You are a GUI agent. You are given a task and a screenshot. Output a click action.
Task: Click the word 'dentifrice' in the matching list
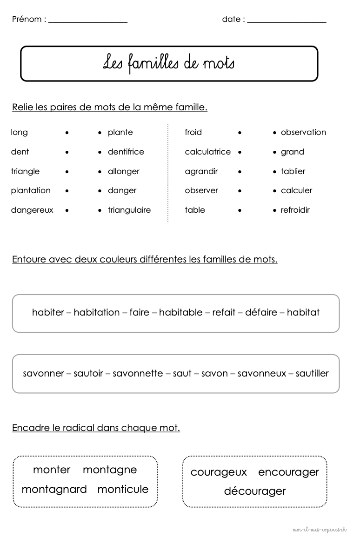pos(126,152)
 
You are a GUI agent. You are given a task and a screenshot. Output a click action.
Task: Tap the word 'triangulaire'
pos(129,210)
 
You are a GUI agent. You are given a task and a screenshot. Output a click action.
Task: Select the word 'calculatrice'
pos(207,152)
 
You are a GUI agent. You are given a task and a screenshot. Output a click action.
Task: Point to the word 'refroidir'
pos(295,210)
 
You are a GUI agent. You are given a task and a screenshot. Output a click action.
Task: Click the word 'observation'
pos(303,132)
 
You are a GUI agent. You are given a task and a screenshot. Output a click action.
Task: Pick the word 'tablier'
pos(293,171)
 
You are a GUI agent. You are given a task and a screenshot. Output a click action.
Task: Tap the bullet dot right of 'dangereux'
pos(67,210)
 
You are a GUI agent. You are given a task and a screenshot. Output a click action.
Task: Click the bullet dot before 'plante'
pos(100,133)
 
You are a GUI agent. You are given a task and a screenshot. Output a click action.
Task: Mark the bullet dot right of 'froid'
pos(240,133)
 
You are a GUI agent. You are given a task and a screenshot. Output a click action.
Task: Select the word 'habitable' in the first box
pos(181,312)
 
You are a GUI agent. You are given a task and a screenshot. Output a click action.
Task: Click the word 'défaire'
pos(261,312)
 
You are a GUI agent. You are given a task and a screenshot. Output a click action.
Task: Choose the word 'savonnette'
pos(138,373)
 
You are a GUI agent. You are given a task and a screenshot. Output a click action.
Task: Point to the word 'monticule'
pos(123,489)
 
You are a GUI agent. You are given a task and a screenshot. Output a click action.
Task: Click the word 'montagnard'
pos(54,490)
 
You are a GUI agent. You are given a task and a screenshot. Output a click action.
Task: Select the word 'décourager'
pos(255,491)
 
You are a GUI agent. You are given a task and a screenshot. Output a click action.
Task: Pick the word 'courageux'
pos(219,472)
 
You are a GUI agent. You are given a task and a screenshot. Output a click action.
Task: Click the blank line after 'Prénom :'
pos(88,21)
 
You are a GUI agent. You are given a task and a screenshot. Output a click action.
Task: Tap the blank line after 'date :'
pos(287,21)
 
